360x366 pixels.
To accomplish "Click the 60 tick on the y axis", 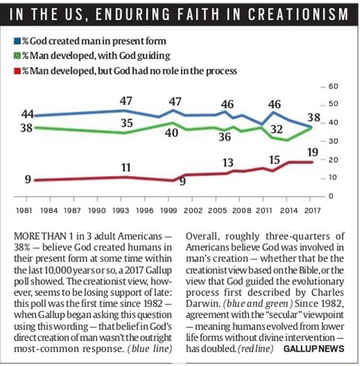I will pyautogui.click(x=332, y=86).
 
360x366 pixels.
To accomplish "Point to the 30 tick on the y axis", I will pyautogui.click(x=332, y=141).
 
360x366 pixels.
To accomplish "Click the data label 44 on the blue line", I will pyautogui.click(x=28, y=114).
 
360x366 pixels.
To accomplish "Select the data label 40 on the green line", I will pyautogui.click(x=171, y=133).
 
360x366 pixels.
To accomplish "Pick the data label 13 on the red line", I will pyautogui.click(x=228, y=163).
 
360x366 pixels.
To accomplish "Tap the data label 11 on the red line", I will pyautogui.click(x=126, y=167).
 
